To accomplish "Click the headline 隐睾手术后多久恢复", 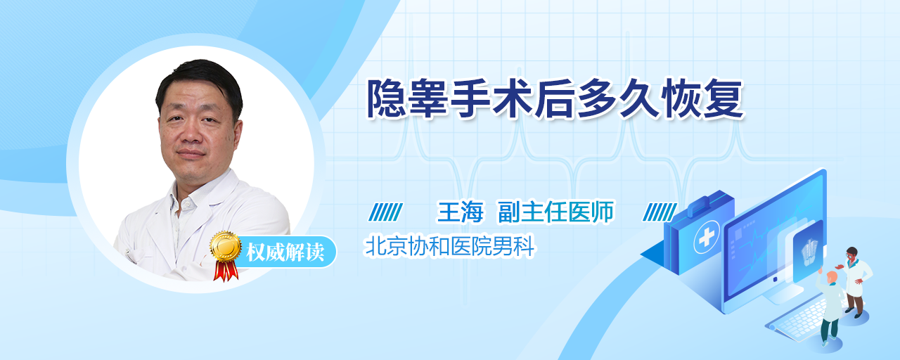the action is tap(555, 99).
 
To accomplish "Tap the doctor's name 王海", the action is tap(460, 212).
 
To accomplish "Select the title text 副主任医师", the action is tap(556, 212).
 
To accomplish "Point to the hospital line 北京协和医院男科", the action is tap(449, 245).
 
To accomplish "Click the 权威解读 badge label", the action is tap(285, 252).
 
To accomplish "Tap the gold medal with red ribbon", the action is tap(226, 255).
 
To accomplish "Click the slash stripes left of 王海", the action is tap(386, 212).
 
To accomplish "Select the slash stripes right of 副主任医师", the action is tap(660, 212).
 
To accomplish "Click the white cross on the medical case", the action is tap(706, 238).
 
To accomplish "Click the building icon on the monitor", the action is tap(809, 252).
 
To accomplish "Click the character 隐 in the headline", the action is tap(387, 99).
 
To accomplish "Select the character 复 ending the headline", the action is tap(724, 99).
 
